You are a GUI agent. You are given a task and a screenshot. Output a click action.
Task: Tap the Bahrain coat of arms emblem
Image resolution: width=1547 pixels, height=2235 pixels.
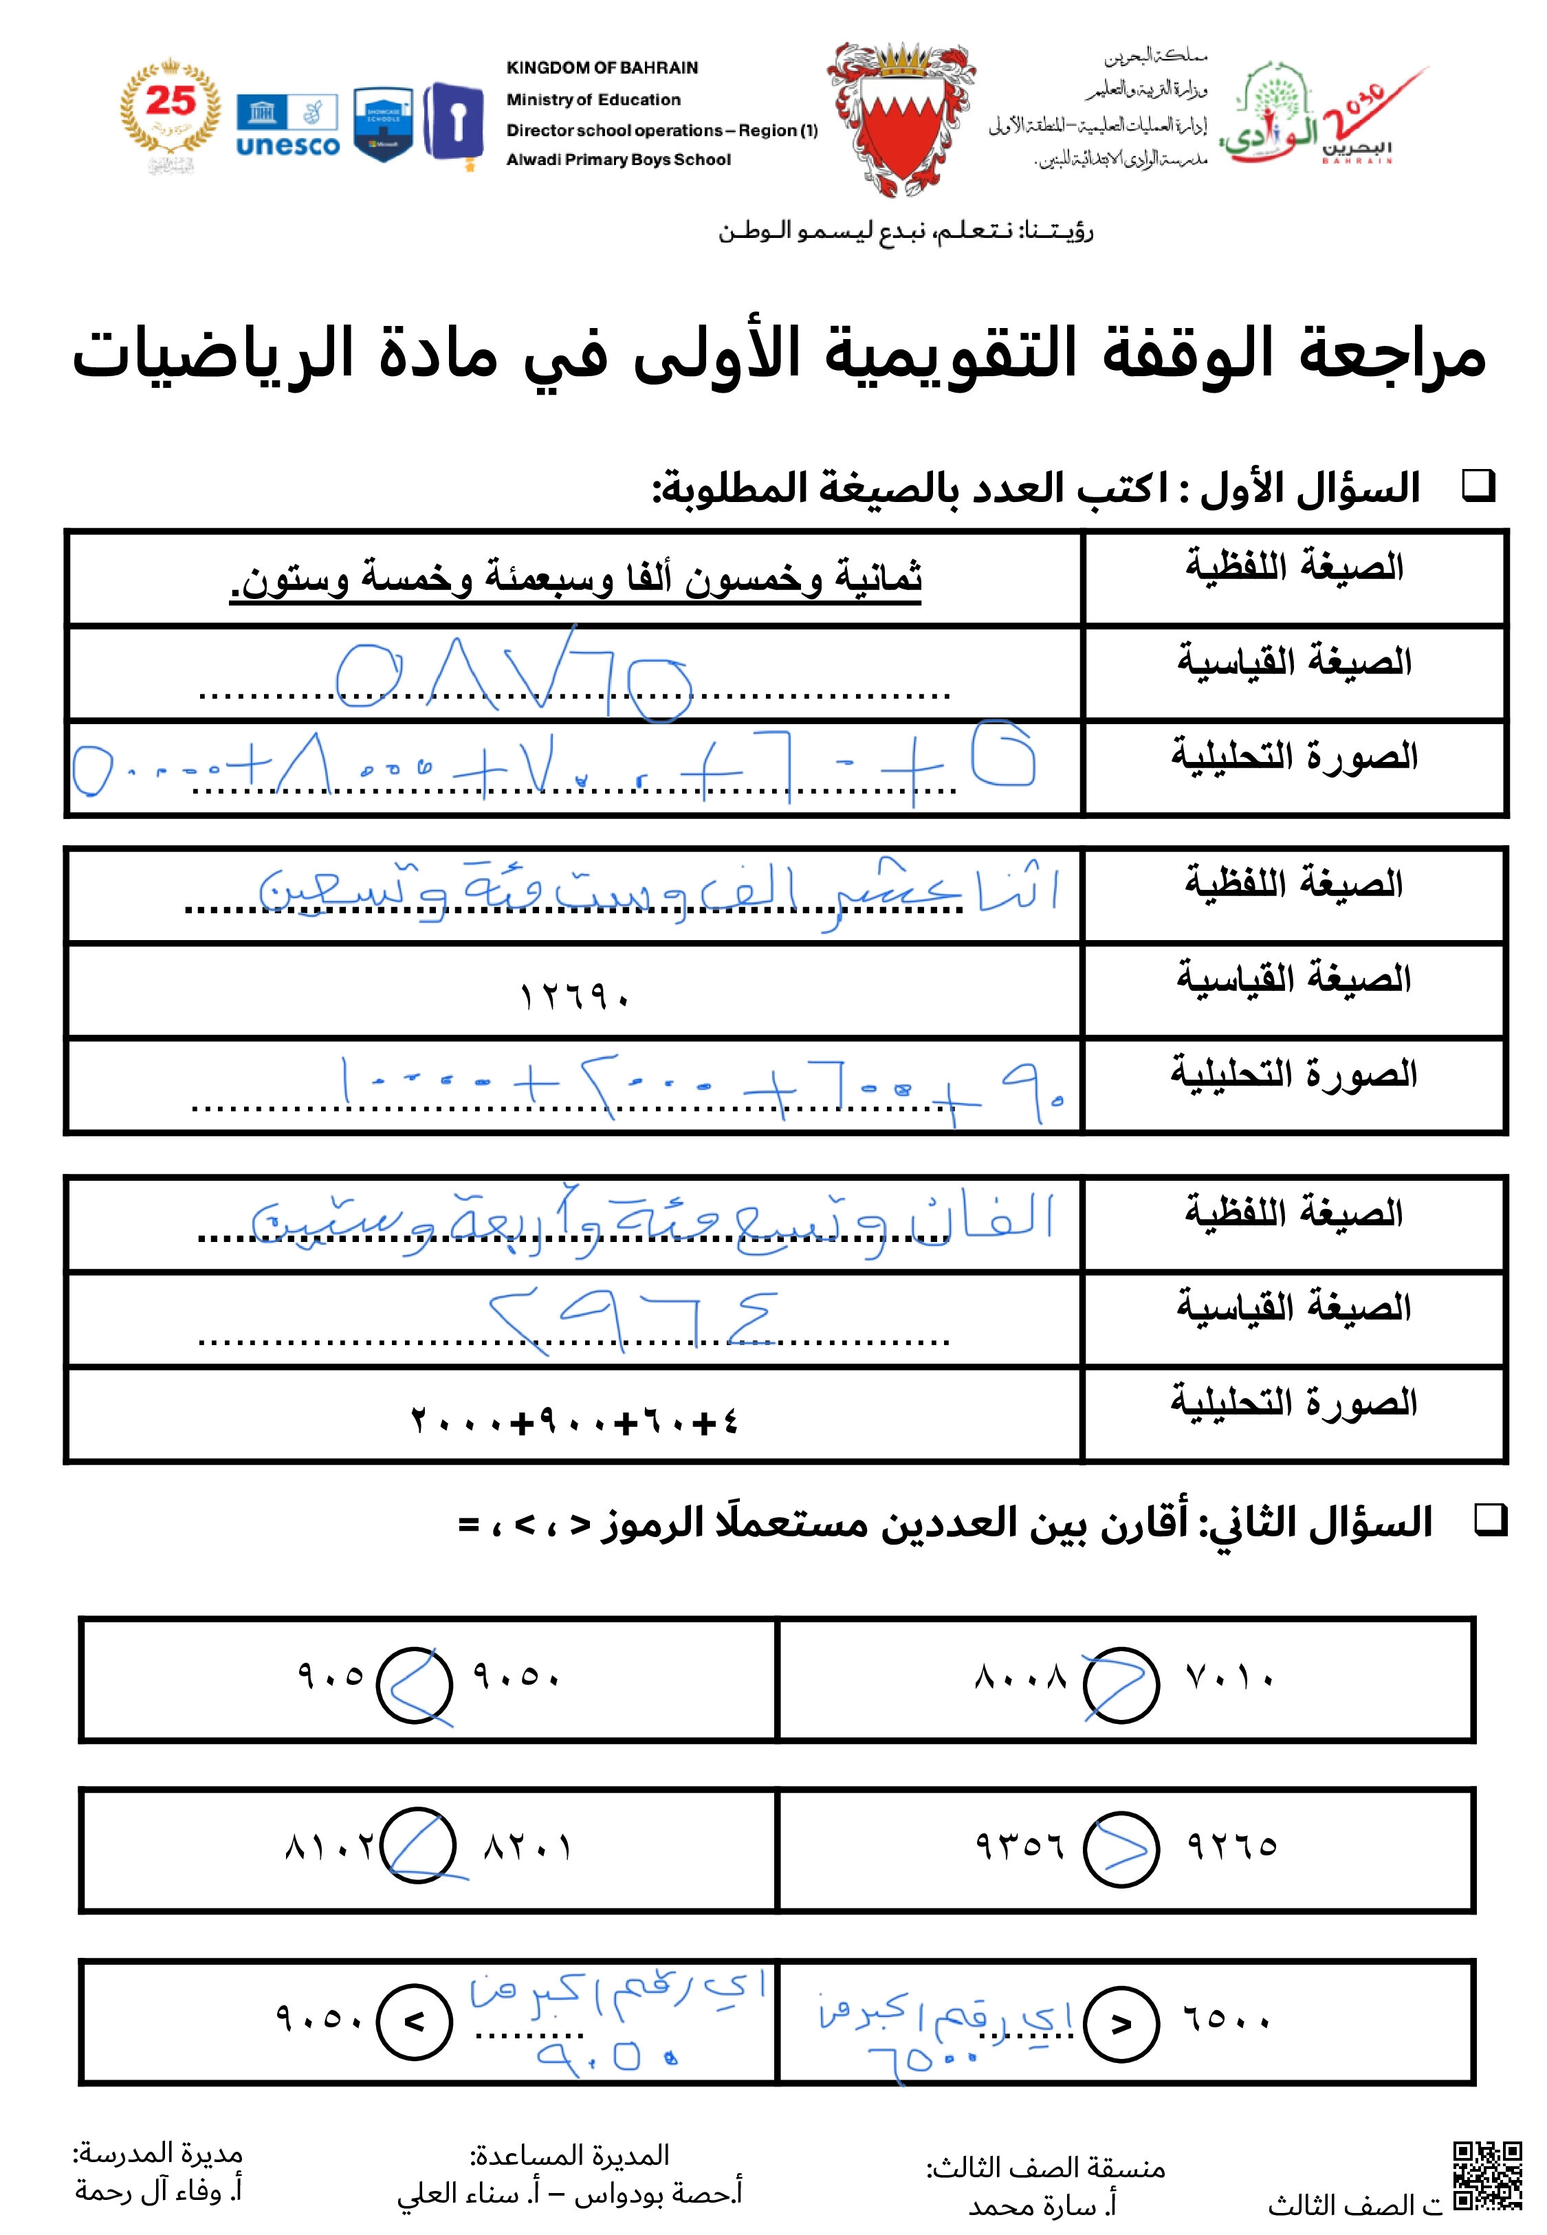point(901,118)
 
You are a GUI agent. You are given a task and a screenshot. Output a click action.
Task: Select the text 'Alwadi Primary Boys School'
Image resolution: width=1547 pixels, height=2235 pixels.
point(618,160)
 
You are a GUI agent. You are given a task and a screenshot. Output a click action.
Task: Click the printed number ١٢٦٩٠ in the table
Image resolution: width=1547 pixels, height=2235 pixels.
point(575,996)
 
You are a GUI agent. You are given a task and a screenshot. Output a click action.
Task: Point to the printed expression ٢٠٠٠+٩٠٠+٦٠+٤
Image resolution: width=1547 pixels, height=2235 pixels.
point(575,1422)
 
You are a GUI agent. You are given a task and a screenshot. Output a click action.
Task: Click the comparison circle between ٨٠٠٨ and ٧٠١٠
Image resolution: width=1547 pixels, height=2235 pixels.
point(1121,1684)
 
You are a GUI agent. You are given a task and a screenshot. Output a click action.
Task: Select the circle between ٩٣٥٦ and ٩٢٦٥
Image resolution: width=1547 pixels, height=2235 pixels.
point(1121,1849)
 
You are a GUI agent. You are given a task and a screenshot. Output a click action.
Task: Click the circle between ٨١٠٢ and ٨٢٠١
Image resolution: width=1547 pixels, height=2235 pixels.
point(419,1846)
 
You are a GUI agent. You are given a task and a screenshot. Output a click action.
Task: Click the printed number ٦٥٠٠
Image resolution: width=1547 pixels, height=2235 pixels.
point(1226,2021)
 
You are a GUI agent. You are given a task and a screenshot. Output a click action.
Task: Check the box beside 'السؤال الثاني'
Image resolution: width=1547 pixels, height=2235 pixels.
point(1490,1520)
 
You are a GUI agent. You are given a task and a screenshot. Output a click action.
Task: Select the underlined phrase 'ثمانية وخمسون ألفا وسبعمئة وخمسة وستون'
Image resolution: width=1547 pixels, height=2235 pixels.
point(575,578)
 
